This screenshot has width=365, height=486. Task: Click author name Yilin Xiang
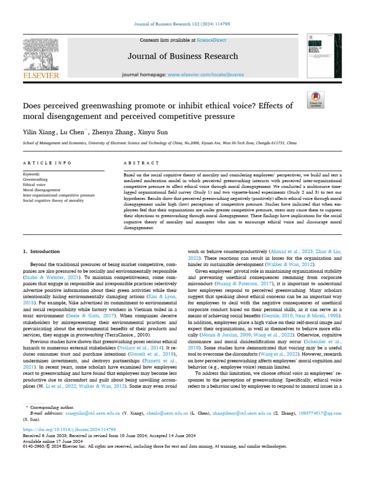point(40,132)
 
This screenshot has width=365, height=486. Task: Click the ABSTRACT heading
point(141,163)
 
